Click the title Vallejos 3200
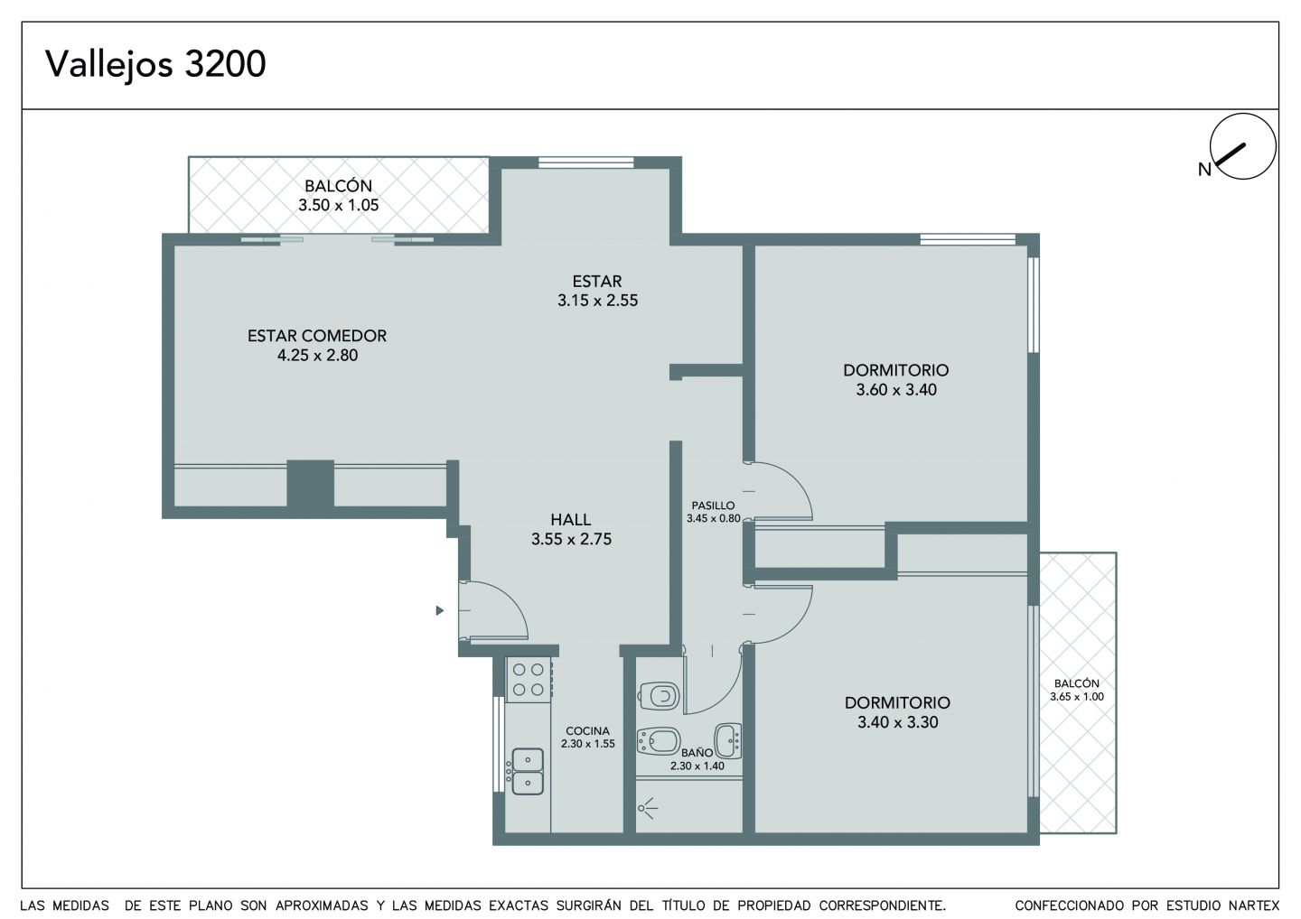(x=155, y=65)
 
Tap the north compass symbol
(x=1242, y=146)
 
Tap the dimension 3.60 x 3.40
(x=896, y=390)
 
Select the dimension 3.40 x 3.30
(x=898, y=722)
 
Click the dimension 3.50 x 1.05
(x=339, y=206)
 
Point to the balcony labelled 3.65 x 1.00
(x=1078, y=692)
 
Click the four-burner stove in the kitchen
(x=529, y=680)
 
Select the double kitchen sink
(x=528, y=771)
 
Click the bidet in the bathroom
(x=659, y=741)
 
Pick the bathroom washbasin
(x=728, y=741)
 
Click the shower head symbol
(x=647, y=808)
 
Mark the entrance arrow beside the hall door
(x=440, y=610)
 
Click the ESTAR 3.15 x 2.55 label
(x=598, y=292)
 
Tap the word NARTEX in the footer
(x=1255, y=905)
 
